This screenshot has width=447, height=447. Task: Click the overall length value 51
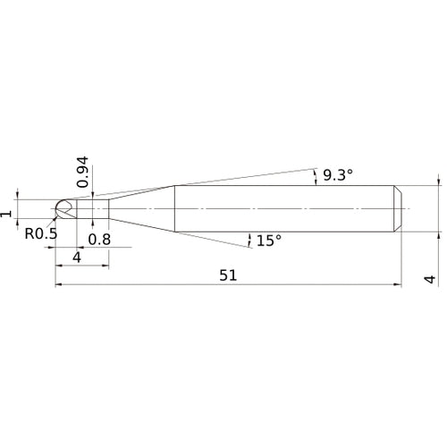pos(228,276)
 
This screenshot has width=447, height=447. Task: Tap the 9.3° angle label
pos(338,176)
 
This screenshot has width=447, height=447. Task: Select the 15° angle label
pos(268,240)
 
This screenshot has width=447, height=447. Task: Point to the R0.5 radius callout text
pos(40,234)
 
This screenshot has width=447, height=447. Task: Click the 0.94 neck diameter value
pos(82,171)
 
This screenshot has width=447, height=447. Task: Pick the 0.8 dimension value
pos(101,239)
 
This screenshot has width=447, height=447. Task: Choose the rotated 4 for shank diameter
pos(430,279)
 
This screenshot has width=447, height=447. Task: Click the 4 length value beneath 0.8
pos(77,257)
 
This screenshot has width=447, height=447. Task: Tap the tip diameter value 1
pos(7,213)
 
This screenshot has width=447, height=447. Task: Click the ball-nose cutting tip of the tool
pos(63,208)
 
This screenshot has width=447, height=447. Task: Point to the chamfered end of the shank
pos(397,208)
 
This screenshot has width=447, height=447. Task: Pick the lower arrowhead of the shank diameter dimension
pos(439,238)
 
